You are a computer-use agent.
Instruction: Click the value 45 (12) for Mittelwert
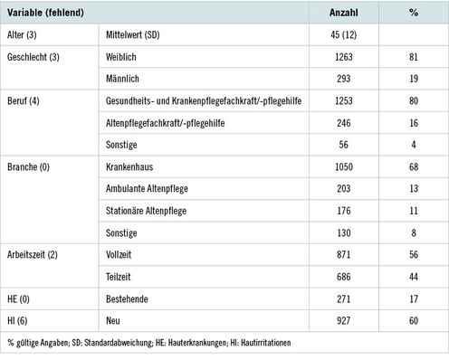(349, 36)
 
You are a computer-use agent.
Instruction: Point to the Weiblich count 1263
(349, 56)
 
